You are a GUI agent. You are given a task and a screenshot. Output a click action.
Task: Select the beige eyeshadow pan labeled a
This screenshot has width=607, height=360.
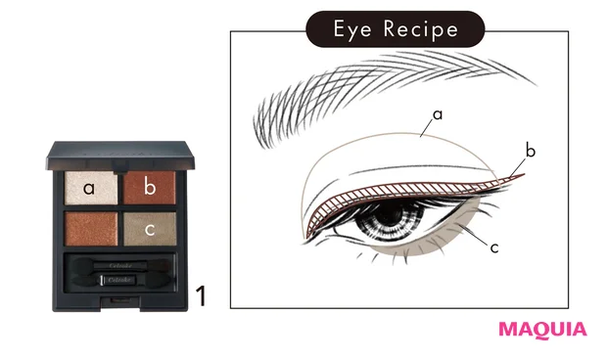(x=88, y=187)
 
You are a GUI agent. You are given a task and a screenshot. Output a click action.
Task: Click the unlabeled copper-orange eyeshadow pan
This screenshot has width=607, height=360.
(x=88, y=229)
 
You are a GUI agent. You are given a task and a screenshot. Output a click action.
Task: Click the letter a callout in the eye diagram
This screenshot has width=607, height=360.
(x=438, y=114)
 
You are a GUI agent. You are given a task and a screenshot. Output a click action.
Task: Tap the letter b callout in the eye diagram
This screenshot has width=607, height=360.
(x=530, y=151)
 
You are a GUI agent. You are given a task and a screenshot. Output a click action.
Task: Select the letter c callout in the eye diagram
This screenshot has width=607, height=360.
(x=494, y=247)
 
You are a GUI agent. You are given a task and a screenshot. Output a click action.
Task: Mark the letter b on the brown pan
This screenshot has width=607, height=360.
(x=149, y=186)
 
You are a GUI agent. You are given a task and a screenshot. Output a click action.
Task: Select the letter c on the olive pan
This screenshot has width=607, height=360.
(x=149, y=231)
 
